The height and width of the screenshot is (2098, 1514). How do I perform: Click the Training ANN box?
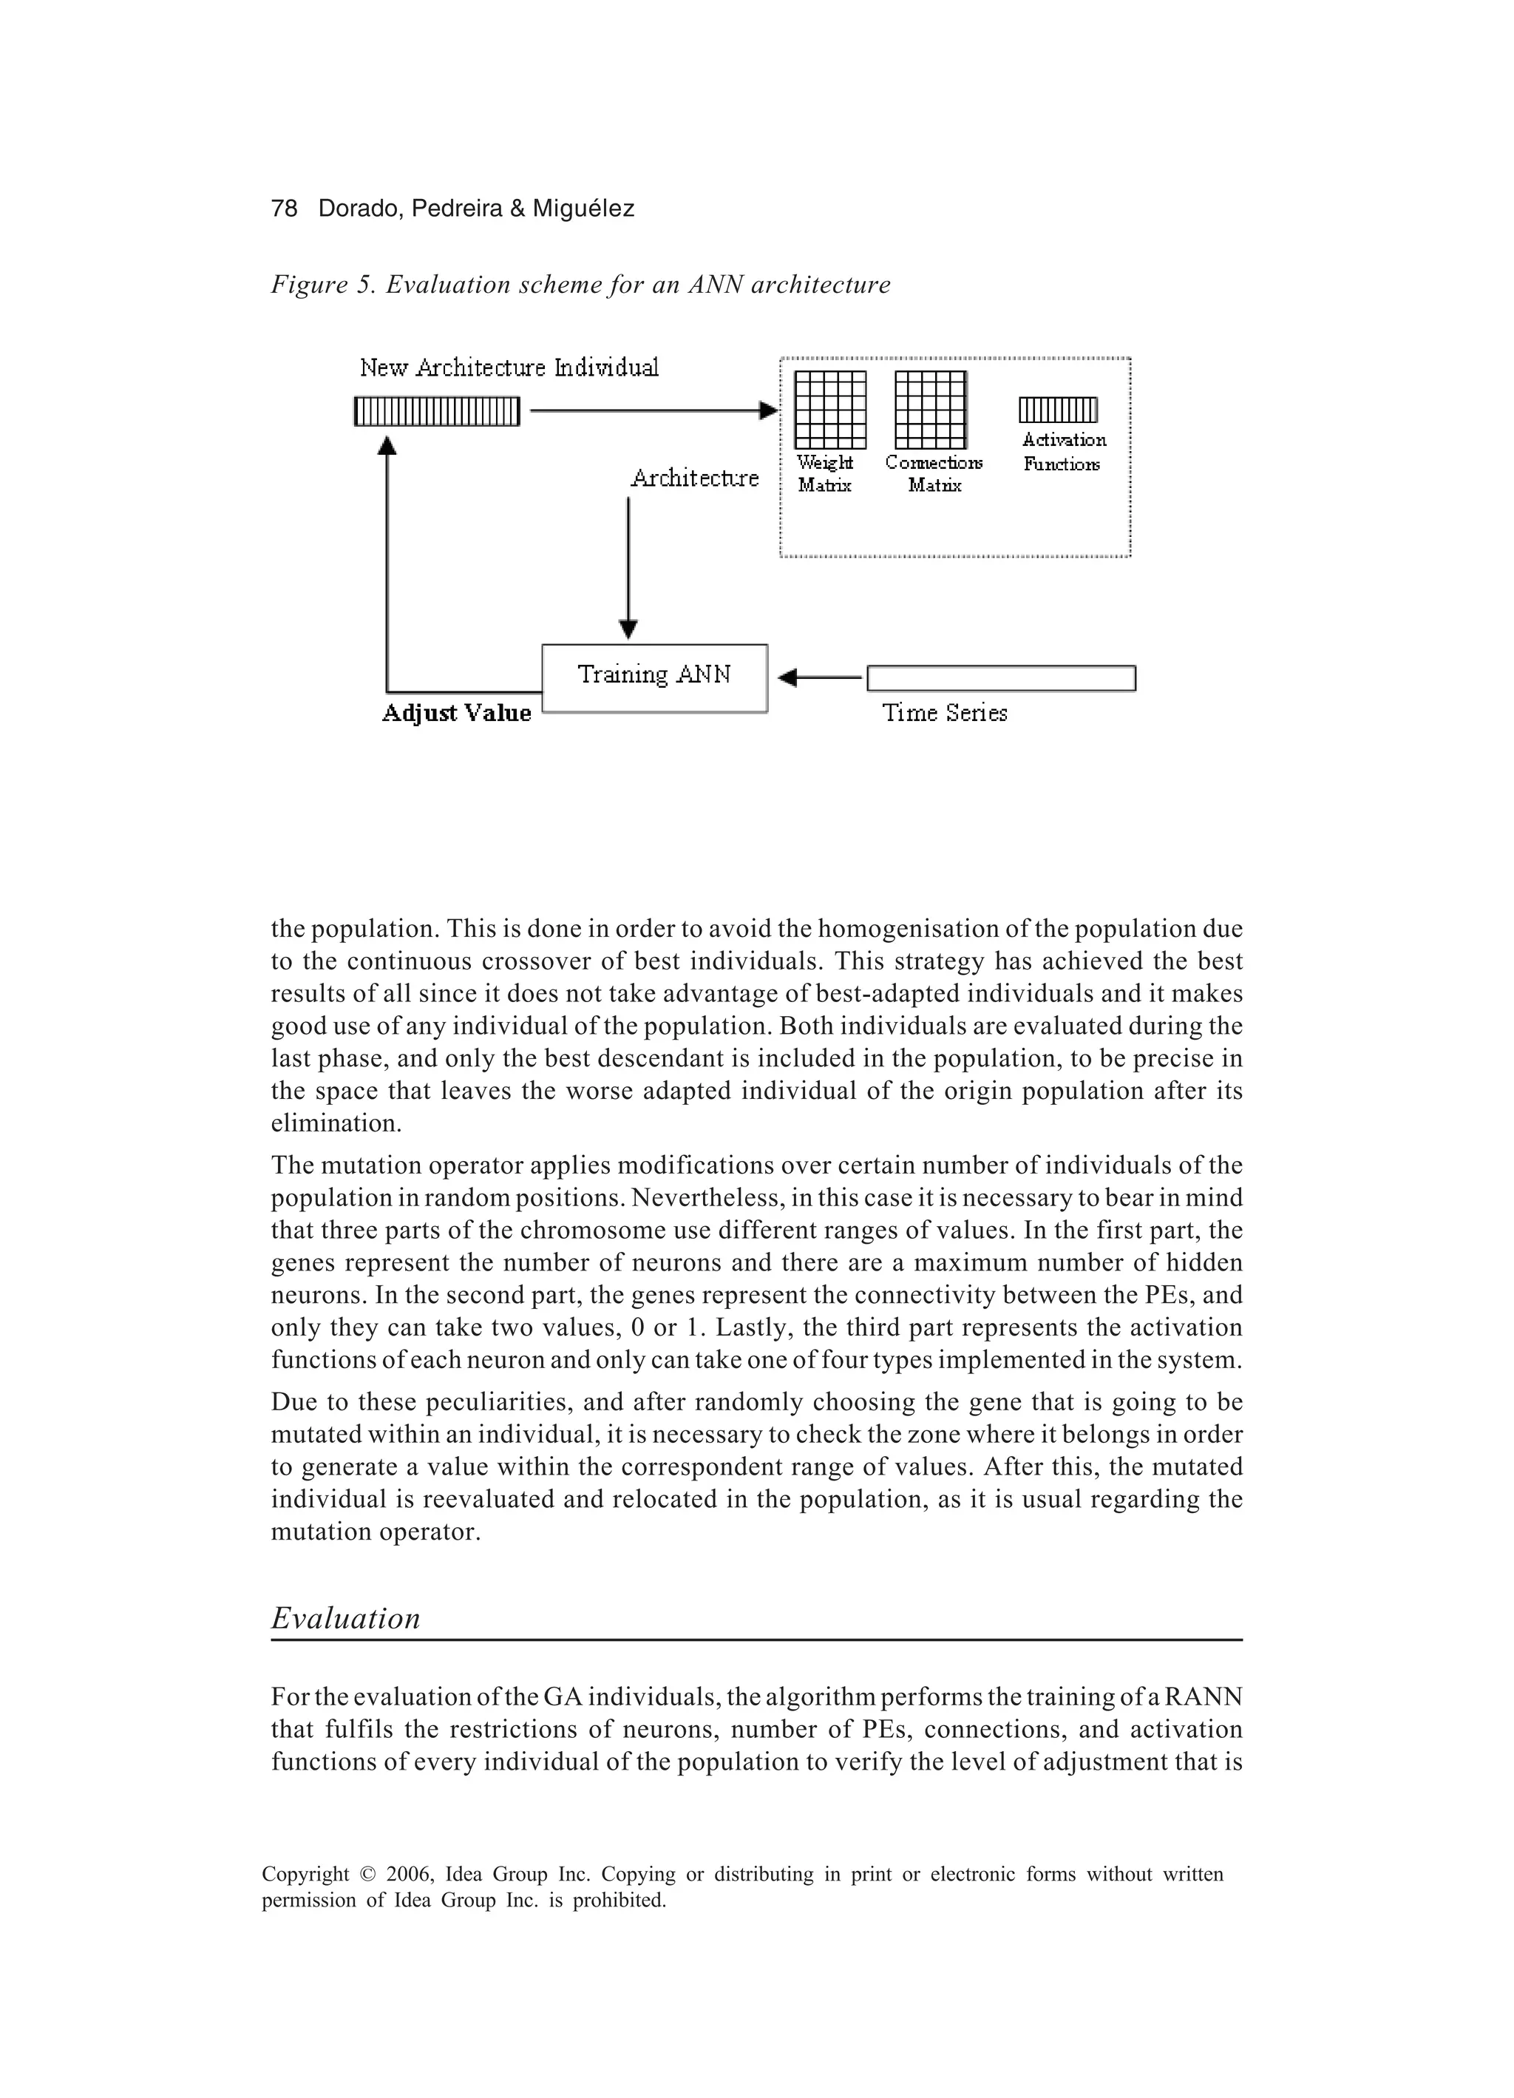pyautogui.click(x=654, y=678)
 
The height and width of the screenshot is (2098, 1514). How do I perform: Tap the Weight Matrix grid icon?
pyautogui.click(x=830, y=410)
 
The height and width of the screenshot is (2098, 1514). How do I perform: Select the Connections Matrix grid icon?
pyautogui.click(x=931, y=410)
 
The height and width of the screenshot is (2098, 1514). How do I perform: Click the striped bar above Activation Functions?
pyautogui.click(x=1058, y=410)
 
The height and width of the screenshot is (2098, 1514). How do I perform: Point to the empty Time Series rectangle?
pyautogui.click(x=1001, y=678)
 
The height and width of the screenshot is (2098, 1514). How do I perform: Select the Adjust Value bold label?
pyautogui.click(x=457, y=713)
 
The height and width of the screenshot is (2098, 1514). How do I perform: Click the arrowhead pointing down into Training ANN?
pyautogui.click(x=628, y=629)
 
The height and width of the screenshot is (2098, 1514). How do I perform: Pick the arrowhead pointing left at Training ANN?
pyautogui.click(x=787, y=678)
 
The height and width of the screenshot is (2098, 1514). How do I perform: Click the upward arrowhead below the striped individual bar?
pyautogui.click(x=387, y=445)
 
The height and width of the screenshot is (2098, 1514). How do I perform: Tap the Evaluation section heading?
pyautogui.click(x=346, y=1618)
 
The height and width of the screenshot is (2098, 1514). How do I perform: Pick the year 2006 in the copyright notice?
pyautogui.click(x=409, y=1874)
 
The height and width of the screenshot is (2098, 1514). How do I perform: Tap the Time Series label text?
pyautogui.click(x=944, y=713)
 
